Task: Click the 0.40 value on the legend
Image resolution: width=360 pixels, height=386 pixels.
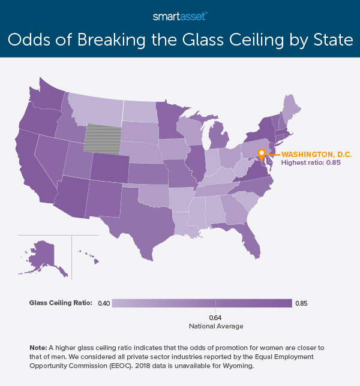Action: tap(103, 304)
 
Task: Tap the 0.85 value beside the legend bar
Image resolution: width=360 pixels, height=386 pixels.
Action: tap(302, 304)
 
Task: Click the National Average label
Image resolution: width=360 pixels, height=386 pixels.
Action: tap(216, 326)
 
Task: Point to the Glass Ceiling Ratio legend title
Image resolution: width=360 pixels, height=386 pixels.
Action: tap(60, 304)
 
